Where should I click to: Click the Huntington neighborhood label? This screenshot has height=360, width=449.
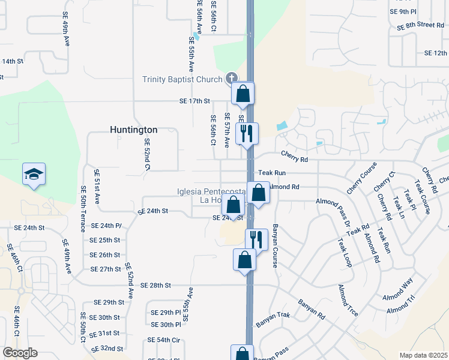(133, 130)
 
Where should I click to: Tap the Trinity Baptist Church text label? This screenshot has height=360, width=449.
(182, 79)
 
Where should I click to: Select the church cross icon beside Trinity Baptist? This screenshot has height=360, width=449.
(232, 78)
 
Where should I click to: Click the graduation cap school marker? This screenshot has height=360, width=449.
(34, 174)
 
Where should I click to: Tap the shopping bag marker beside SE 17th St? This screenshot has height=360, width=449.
(243, 94)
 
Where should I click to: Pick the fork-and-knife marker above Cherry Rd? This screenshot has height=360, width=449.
(247, 133)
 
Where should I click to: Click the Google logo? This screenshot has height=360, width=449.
(20, 353)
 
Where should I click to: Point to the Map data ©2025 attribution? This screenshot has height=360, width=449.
(423, 355)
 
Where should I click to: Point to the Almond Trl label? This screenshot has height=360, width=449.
(401, 309)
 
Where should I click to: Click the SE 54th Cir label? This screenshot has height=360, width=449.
(164, 340)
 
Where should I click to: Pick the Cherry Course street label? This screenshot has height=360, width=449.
(361, 178)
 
